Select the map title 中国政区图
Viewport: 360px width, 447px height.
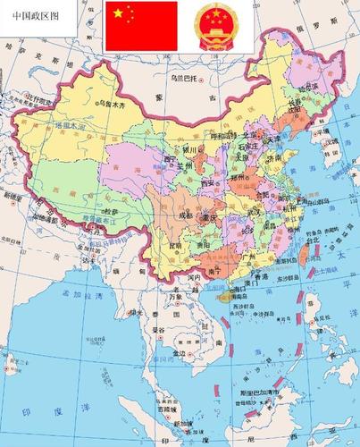point(32,15)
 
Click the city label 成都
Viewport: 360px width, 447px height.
point(183,215)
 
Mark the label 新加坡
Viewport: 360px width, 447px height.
point(184,422)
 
